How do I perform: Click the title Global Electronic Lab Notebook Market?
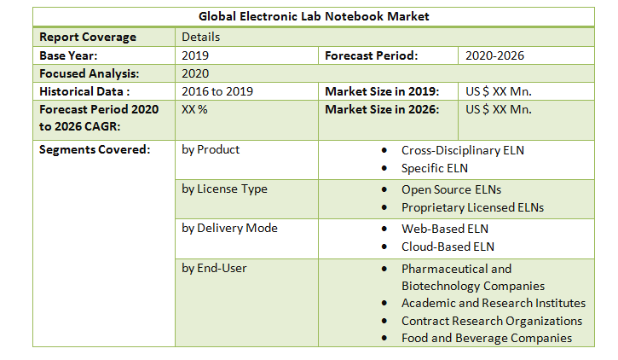(x=314, y=16)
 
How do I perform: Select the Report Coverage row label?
(x=88, y=37)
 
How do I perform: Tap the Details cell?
(x=200, y=37)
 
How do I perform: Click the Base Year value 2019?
(x=196, y=55)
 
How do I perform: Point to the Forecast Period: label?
(x=372, y=55)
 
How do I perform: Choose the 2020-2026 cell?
(x=494, y=55)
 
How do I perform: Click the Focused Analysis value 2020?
(x=196, y=73)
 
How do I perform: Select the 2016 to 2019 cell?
(x=217, y=91)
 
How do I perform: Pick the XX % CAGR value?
(x=195, y=109)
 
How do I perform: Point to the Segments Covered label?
(x=95, y=149)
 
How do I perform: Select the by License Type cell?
(x=224, y=189)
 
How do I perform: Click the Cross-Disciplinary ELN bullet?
(x=463, y=150)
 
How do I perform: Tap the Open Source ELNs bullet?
(x=452, y=189)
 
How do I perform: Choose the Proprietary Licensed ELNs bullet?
(x=472, y=207)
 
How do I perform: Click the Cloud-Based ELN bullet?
(x=448, y=247)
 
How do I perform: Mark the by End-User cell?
(x=214, y=268)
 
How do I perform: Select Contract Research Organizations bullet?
(x=492, y=321)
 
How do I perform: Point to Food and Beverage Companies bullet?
(x=487, y=338)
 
